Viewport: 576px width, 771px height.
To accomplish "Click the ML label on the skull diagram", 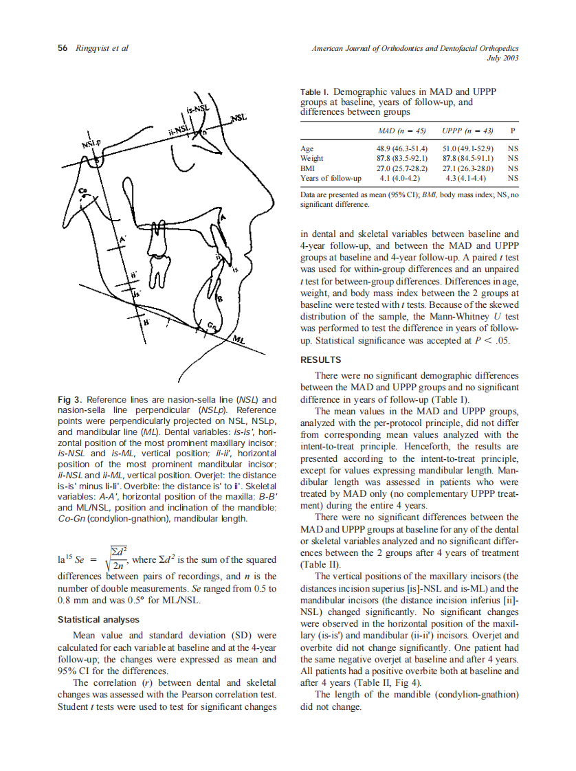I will (239, 340).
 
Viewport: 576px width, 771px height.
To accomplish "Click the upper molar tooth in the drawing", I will (158, 275).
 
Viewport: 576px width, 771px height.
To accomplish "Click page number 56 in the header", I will (62, 48).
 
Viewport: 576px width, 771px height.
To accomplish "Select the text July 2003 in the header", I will (502, 58).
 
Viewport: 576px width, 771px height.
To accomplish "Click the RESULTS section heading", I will (321, 360).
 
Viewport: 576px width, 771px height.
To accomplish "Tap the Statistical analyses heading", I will (99, 620).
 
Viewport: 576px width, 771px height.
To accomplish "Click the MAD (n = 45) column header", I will (402, 130).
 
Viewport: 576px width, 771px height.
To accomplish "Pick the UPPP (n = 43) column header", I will (467, 130).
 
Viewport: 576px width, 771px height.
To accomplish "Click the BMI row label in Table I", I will (308, 168).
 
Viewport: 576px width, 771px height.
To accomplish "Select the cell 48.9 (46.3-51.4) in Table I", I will (402, 148).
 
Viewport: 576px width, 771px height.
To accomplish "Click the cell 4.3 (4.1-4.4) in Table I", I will (467, 177).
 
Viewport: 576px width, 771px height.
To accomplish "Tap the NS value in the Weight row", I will (512, 158).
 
